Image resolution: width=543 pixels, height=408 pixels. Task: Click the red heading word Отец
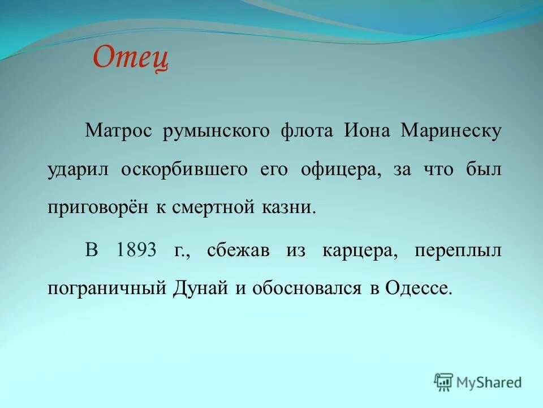tap(131, 58)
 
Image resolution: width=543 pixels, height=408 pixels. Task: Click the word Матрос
tap(119, 131)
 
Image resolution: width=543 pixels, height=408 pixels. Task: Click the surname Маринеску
tap(451, 131)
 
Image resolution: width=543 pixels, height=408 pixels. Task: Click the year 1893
tap(136, 250)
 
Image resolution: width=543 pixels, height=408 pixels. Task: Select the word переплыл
tap(458, 250)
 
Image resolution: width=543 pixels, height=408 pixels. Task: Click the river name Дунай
tap(201, 288)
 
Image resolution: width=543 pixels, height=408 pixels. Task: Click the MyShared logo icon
tap(444, 382)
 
